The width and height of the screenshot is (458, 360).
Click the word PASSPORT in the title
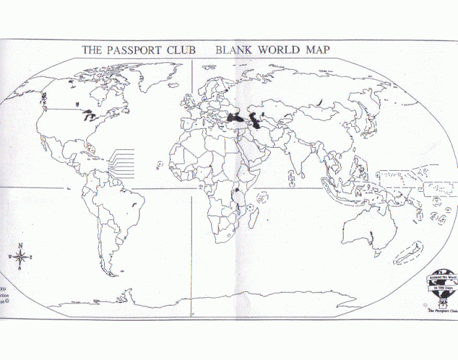click(x=135, y=50)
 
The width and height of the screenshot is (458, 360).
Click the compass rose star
click(x=20, y=258)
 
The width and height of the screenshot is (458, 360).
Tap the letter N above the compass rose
click(x=20, y=246)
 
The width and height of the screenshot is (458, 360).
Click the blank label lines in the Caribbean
click(x=122, y=162)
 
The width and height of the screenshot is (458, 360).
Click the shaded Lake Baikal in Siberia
click(x=319, y=101)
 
